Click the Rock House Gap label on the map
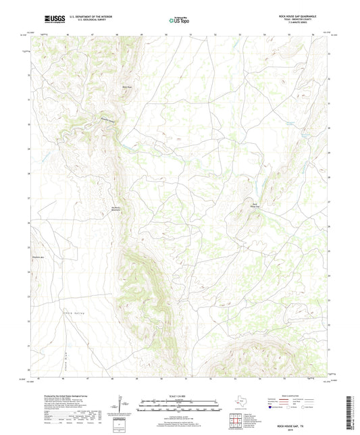[x=255, y=206]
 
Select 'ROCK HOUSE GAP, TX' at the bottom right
[x=305, y=418]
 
